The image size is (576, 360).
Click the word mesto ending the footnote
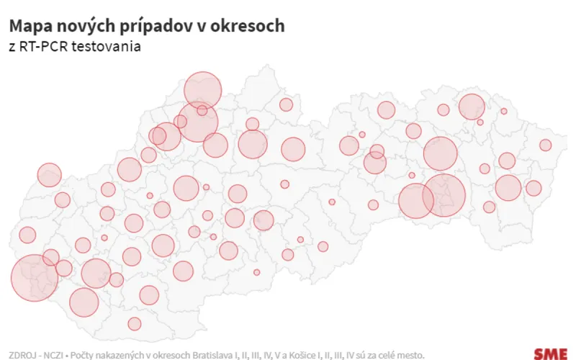point(411,354)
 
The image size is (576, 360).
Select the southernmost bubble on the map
point(135,324)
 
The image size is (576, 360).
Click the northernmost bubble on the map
point(202,90)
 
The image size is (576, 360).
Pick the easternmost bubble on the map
point(545,145)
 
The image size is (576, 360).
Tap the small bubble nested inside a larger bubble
point(202,111)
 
